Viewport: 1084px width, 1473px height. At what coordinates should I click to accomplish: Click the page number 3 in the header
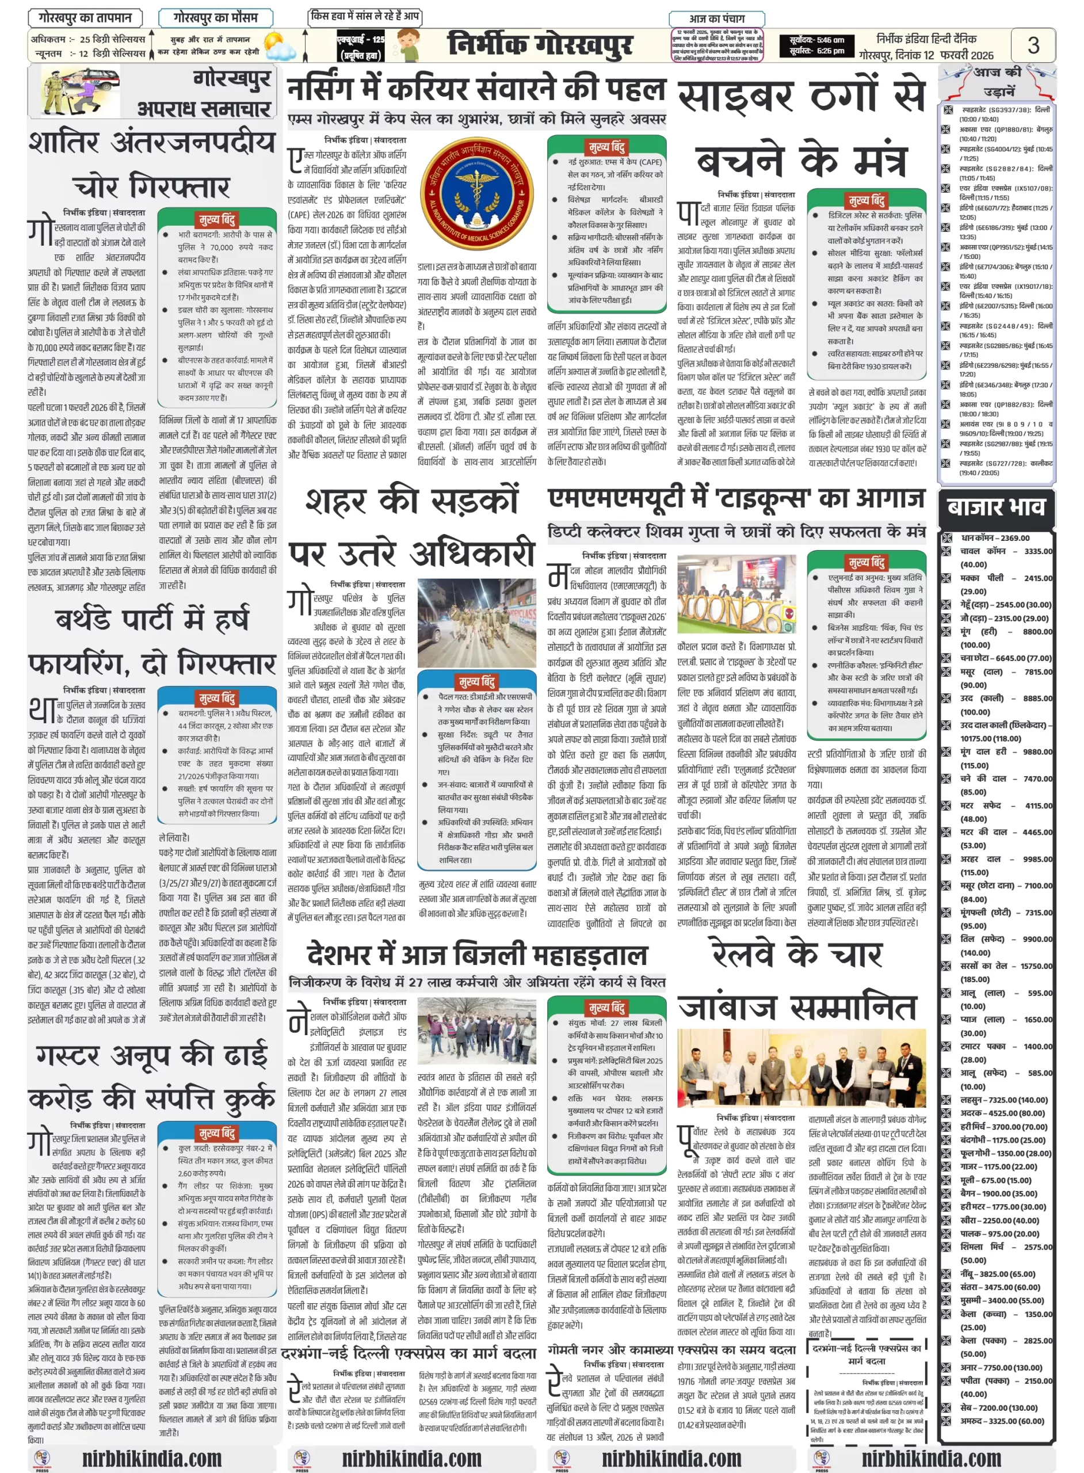(x=1033, y=45)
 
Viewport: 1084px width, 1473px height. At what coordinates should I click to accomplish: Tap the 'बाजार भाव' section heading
(x=995, y=507)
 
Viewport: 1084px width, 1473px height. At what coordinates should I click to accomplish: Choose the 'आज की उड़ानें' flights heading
(x=997, y=81)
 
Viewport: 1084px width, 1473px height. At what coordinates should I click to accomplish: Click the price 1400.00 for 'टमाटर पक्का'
(x=1038, y=1047)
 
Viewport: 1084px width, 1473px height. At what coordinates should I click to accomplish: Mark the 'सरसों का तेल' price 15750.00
(x=1036, y=966)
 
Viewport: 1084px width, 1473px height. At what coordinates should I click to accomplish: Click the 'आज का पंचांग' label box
(x=716, y=18)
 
